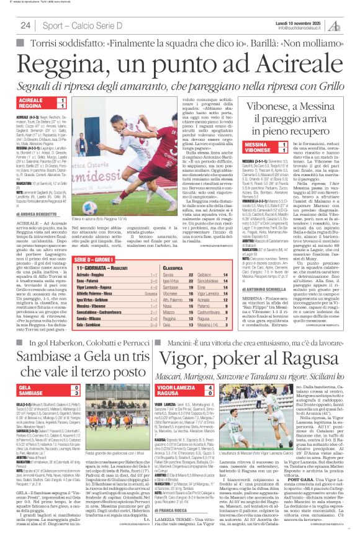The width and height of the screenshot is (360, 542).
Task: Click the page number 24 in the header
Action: click(x=25, y=25)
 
